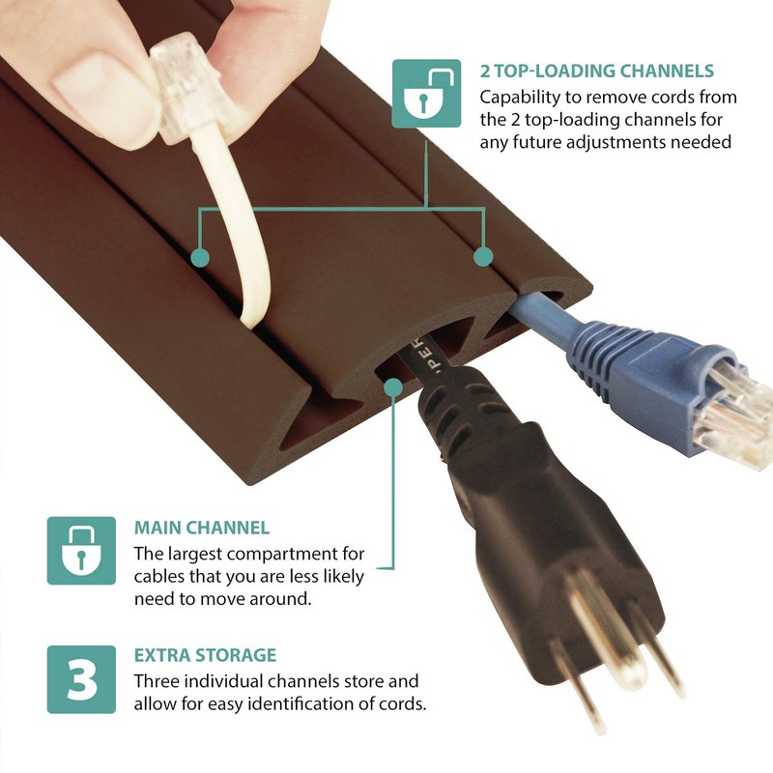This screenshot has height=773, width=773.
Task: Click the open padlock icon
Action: [x=426, y=94]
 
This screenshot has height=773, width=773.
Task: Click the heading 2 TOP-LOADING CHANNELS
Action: [x=597, y=71]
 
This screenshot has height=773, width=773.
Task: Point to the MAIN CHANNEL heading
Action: [x=201, y=529]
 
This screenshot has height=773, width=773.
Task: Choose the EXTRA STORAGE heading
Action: [x=205, y=655]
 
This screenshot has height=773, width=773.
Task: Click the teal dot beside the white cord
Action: [x=200, y=257]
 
